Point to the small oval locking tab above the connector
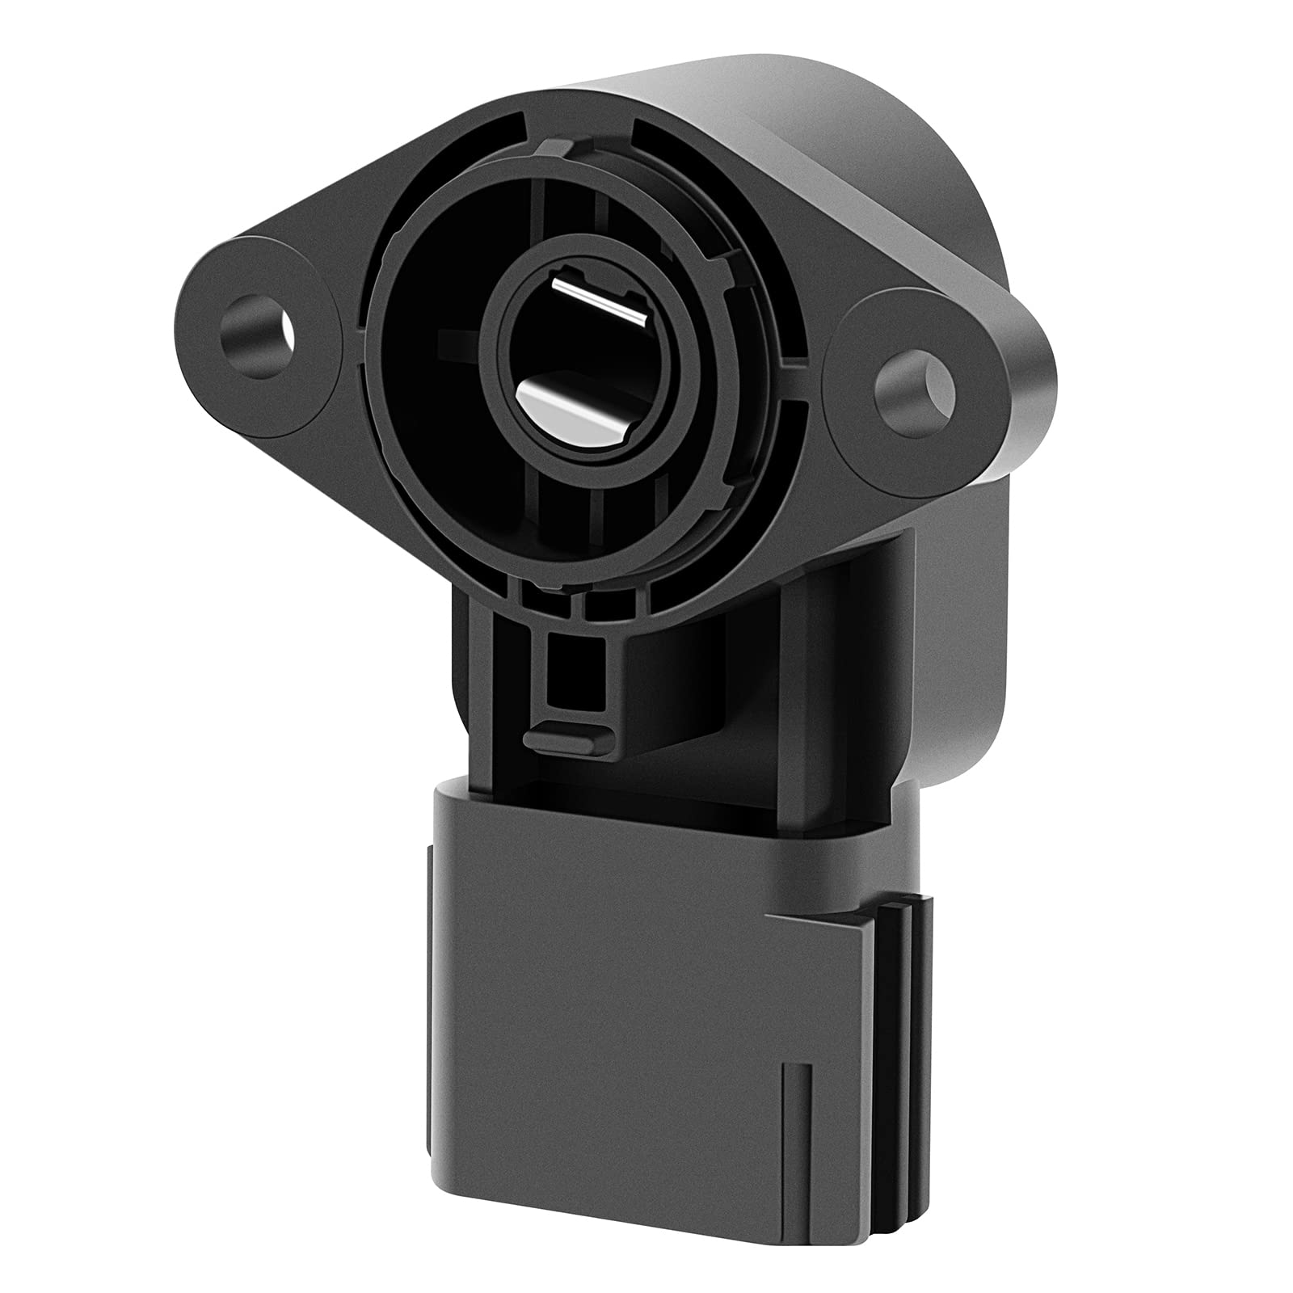coord(566,736)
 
